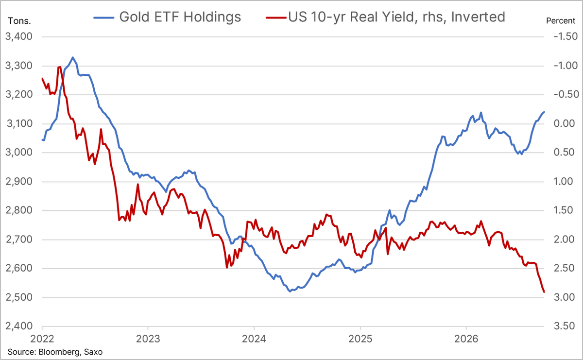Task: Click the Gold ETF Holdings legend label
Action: pyautogui.click(x=180, y=17)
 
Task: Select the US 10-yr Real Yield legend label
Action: pyautogui.click(x=396, y=17)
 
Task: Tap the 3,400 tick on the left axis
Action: pyautogui.click(x=19, y=37)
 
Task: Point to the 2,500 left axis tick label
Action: pyautogui.click(x=19, y=297)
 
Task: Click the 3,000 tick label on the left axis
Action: pyautogui.click(x=19, y=153)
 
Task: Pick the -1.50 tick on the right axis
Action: pyautogui.click(x=566, y=37)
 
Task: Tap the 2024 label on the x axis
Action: pyautogui.click(x=254, y=339)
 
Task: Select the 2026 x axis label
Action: pyautogui.click(x=466, y=339)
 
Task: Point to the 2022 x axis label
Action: pyautogui.click(x=42, y=339)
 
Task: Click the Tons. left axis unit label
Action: pyautogui.click(x=19, y=21)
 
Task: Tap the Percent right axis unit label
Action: pyautogui.click(x=561, y=21)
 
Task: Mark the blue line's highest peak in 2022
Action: pyautogui.click(x=72, y=57)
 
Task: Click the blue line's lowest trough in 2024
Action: pyautogui.click(x=290, y=291)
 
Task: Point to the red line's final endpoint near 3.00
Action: pyautogui.click(x=544, y=292)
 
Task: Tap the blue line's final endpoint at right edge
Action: pyautogui.click(x=544, y=112)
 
